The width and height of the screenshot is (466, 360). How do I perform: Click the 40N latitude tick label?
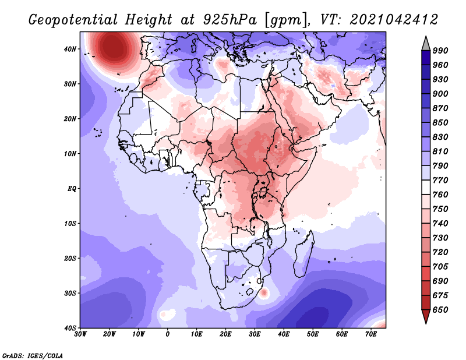[70, 49]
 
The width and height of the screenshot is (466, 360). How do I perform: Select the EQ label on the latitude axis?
[72, 189]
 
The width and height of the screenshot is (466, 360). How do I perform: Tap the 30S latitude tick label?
[70, 294]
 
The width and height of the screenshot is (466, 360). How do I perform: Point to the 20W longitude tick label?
[110, 334]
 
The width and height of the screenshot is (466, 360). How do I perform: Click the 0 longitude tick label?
[168, 334]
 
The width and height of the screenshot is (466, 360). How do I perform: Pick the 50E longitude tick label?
[313, 334]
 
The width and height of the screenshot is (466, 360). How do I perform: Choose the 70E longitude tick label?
[371, 334]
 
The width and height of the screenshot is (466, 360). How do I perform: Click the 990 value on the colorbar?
[440, 51]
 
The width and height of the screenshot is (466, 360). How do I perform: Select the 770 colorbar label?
[440, 180]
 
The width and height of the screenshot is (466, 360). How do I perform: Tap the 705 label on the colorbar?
[440, 267]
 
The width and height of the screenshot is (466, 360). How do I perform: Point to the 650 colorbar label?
[440, 310]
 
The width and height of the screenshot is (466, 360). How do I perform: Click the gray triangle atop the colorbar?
[426, 44]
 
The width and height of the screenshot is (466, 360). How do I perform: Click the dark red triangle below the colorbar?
[426, 316]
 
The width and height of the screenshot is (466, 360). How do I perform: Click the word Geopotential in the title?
[73, 20]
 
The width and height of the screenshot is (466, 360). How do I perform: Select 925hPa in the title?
[230, 20]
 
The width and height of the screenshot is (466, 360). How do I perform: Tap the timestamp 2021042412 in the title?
[394, 20]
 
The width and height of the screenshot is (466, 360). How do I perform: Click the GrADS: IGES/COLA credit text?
[33, 356]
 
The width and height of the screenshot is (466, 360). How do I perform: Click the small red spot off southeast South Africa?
[264, 293]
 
